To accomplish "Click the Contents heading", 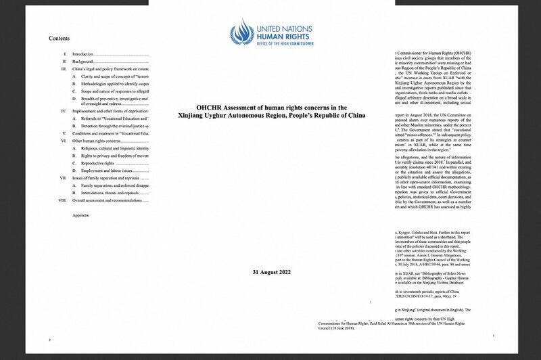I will tap(60, 39).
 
